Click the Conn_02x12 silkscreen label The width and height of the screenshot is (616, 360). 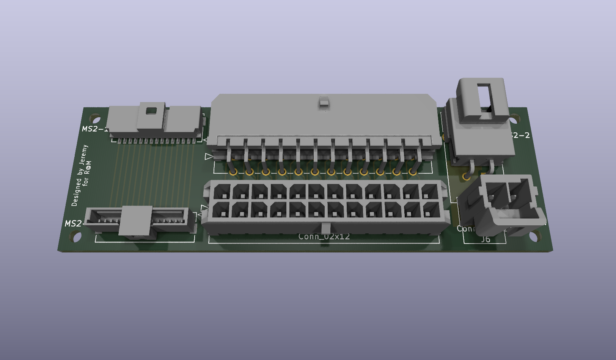tap(324, 237)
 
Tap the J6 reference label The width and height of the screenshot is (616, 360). tap(486, 239)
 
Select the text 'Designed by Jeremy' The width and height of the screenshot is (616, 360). tap(80, 176)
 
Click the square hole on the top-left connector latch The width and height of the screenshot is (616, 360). tap(151, 111)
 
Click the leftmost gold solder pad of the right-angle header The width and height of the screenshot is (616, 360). tap(233, 172)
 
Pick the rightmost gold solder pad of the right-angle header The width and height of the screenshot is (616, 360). tap(413, 172)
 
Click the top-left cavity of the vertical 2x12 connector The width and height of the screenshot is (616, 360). tap(221, 192)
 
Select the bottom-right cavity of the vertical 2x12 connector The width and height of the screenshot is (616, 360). tap(430, 210)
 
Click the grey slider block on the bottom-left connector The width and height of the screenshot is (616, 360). tap(136, 221)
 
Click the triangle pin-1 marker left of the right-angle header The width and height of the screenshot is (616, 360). tap(208, 156)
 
